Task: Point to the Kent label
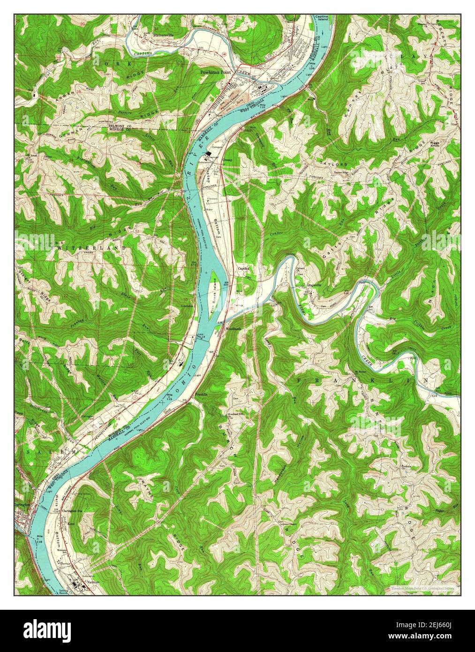(x=71, y=523)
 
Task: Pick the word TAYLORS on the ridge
(x=334, y=165)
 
